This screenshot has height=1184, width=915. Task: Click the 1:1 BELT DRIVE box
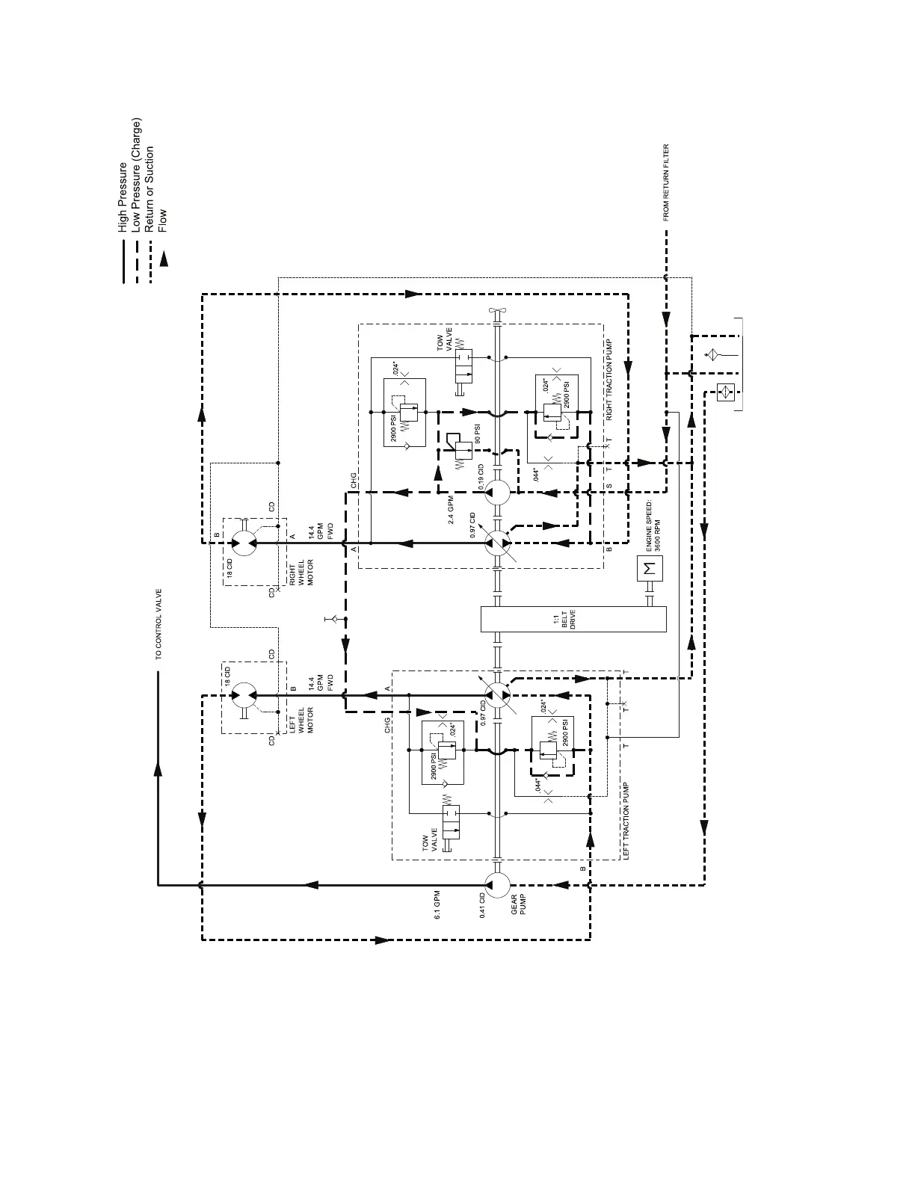[573, 620]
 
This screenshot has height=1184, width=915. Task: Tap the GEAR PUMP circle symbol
[497, 884]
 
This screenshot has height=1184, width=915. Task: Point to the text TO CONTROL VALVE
[158, 625]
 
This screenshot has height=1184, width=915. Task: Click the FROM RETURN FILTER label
[666, 182]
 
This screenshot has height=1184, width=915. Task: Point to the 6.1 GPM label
[439, 904]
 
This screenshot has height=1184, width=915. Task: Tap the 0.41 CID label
[483, 904]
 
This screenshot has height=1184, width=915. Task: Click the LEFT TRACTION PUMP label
[626, 821]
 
